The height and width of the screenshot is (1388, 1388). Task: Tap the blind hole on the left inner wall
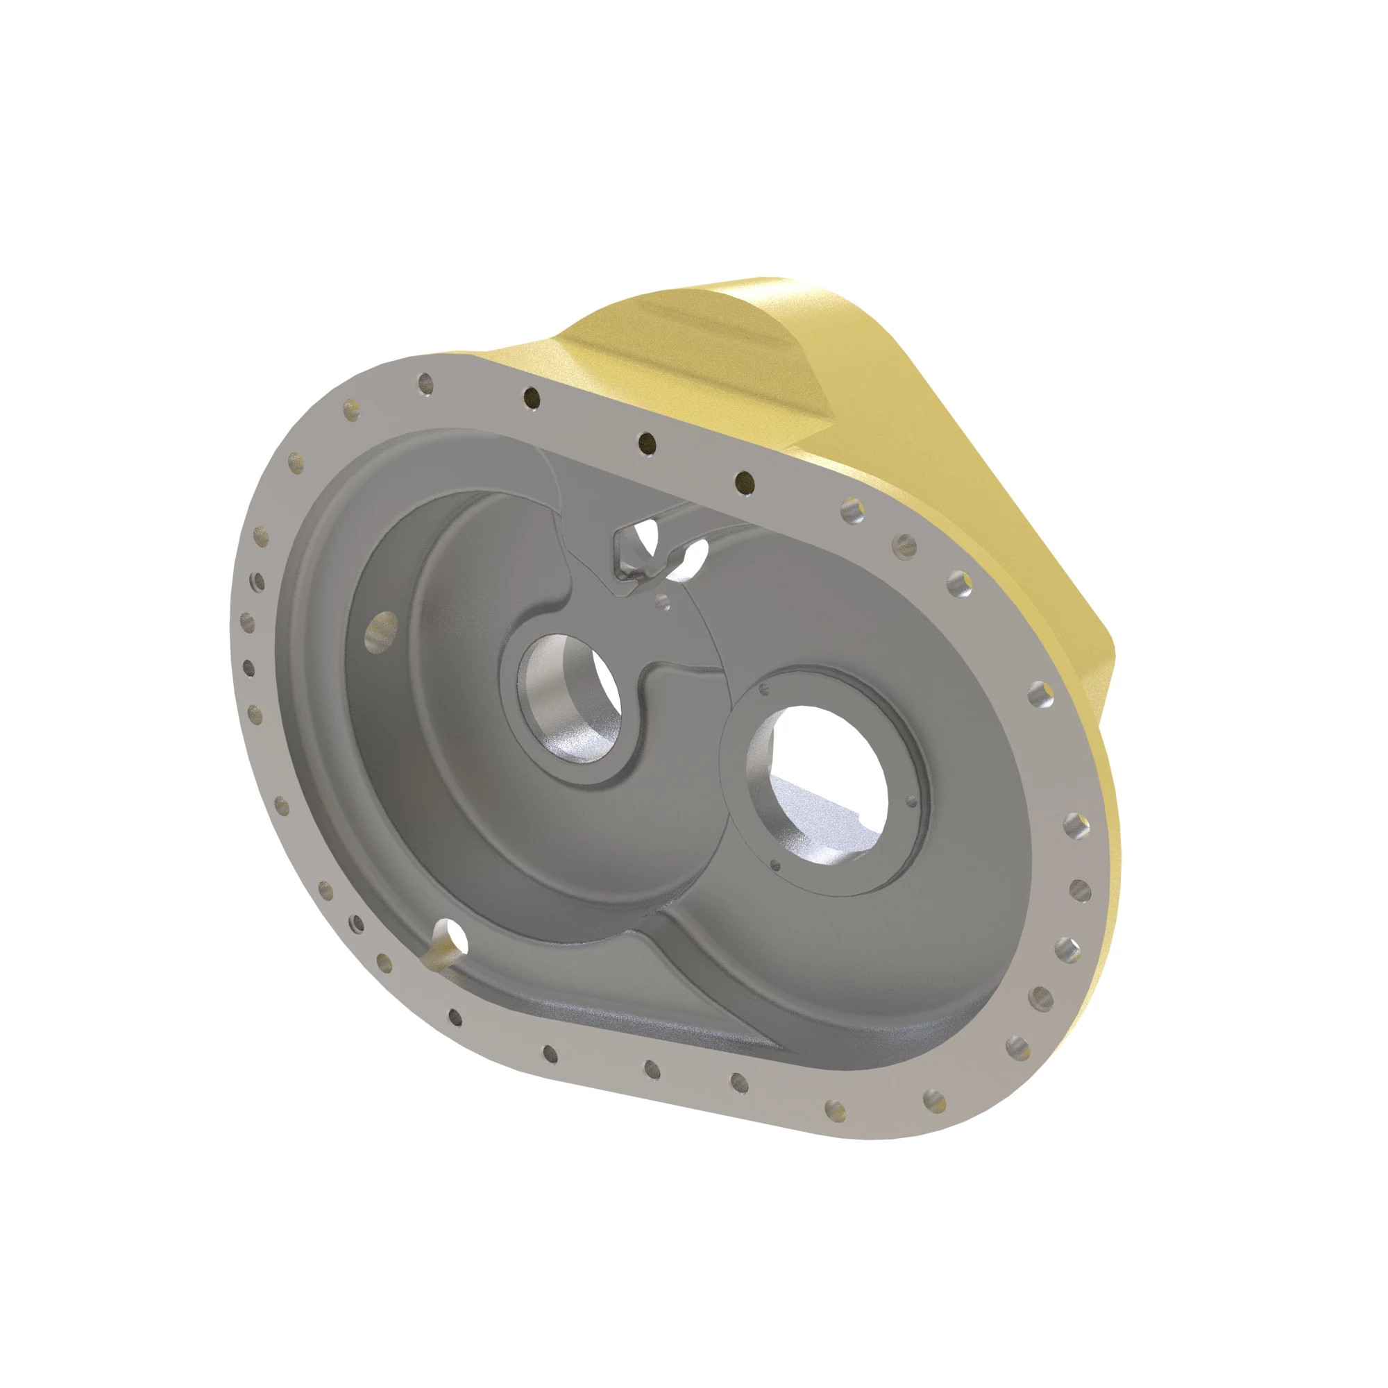tap(380, 630)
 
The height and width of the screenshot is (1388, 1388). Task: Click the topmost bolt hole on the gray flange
tap(427, 383)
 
